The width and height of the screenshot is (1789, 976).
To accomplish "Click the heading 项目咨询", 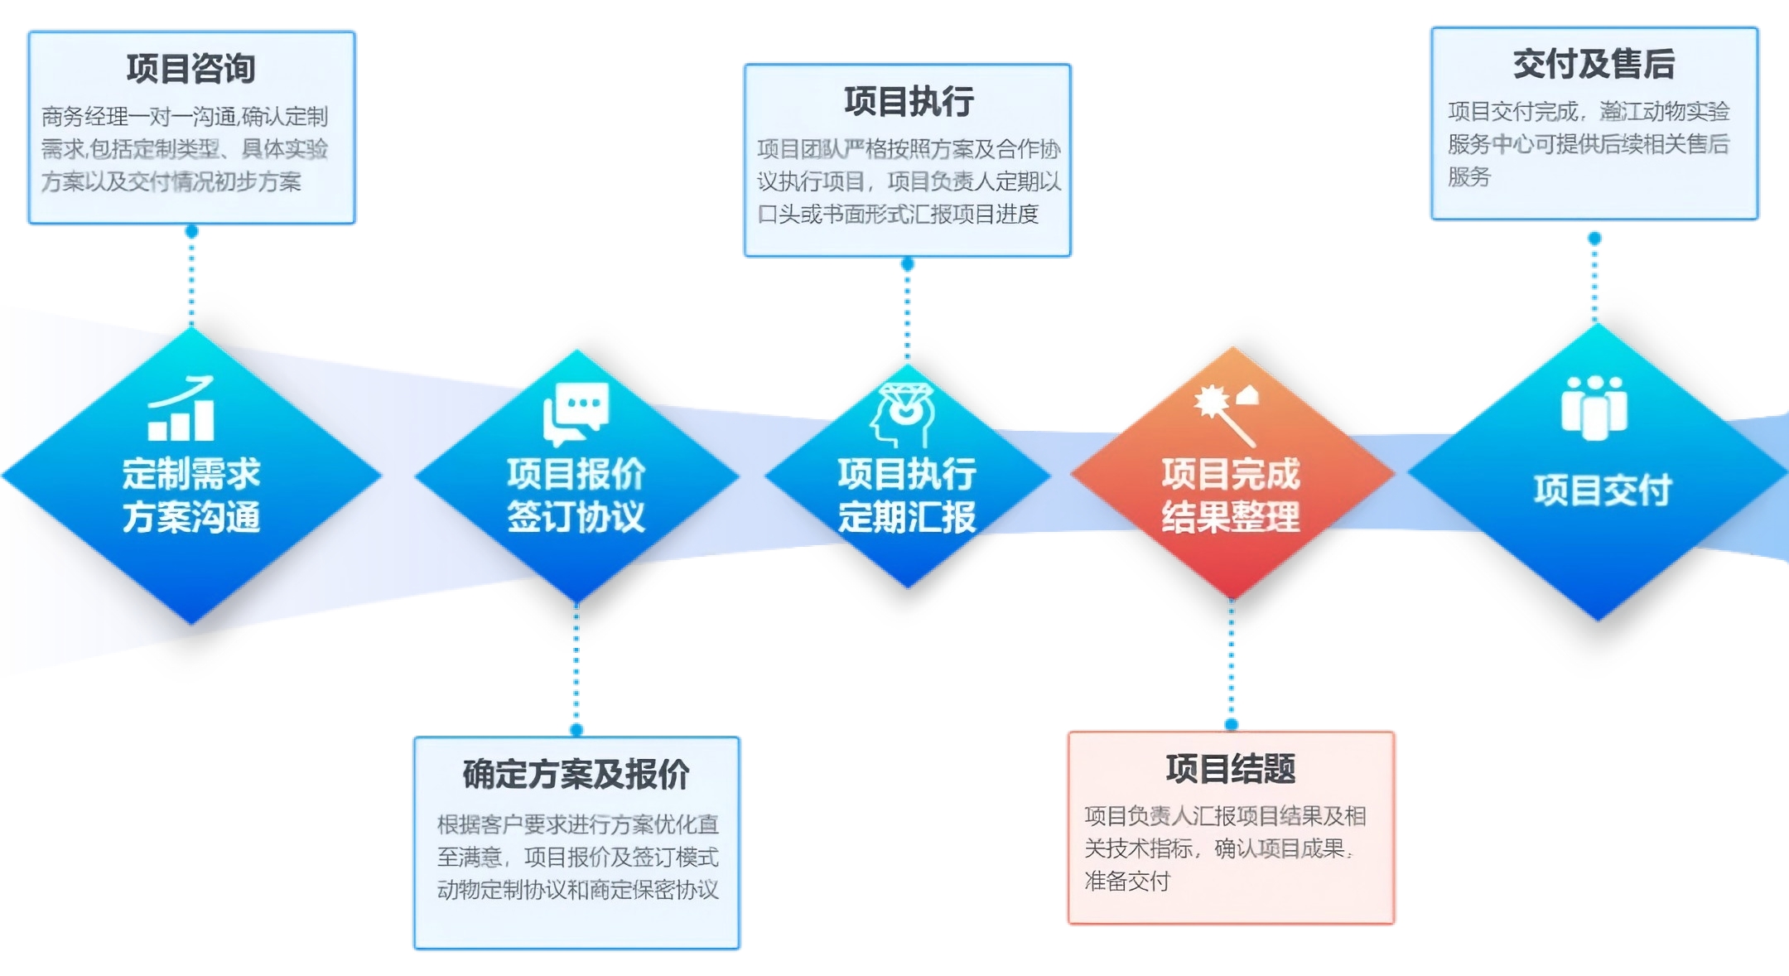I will [190, 68].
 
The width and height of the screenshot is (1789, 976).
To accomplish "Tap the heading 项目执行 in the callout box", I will [909, 101].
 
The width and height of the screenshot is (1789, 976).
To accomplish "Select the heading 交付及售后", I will [1594, 64].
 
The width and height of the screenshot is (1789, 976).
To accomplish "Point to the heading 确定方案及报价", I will [576, 774].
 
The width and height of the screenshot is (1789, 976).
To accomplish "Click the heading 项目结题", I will [1231, 769].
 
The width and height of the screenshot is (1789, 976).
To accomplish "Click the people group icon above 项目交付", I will [1594, 407].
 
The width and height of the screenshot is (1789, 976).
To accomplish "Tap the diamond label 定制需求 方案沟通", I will [191, 495].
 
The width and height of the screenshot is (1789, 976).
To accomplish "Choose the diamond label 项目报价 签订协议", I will [576, 495].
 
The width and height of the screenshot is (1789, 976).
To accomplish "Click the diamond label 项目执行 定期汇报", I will [907, 495].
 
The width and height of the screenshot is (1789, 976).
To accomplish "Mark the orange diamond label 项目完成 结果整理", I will [1231, 495].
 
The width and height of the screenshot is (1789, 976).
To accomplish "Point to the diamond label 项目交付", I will [1602, 490].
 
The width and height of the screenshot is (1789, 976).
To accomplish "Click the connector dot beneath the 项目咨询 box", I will [191, 231].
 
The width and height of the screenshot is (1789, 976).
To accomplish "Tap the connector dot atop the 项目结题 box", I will [1232, 724].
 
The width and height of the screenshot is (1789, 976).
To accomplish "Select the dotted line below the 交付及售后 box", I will [1594, 282].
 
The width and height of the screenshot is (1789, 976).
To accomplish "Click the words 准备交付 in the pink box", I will [1127, 881].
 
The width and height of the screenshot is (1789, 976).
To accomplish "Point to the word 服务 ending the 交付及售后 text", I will [1468, 176].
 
